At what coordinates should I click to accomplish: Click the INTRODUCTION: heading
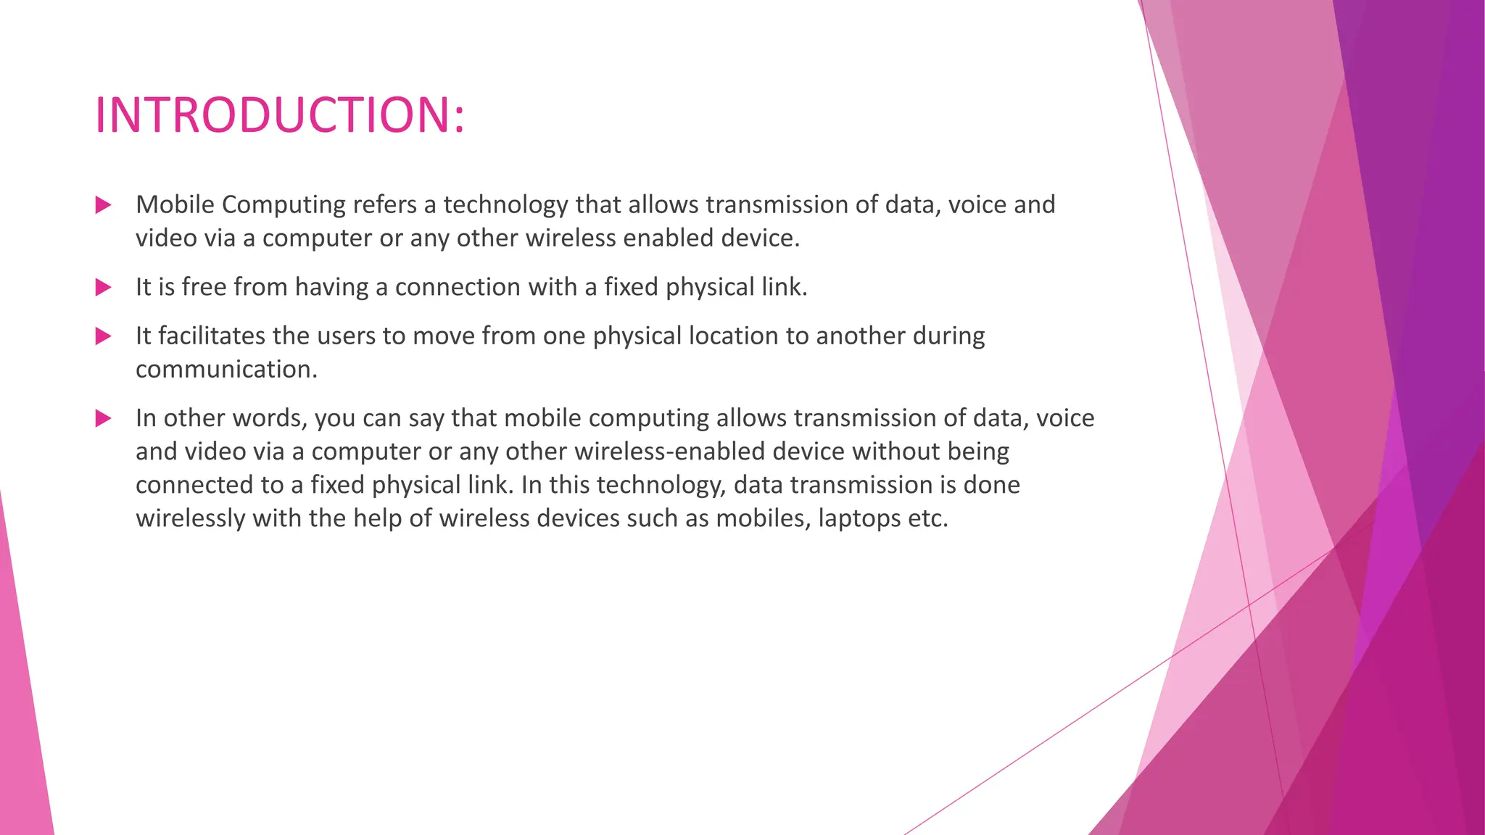click(x=279, y=115)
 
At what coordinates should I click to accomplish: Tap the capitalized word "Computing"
click(x=284, y=205)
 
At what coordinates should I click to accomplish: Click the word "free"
click(x=204, y=287)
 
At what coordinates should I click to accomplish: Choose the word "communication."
click(x=226, y=370)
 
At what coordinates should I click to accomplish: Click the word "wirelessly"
click(x=190, y=519)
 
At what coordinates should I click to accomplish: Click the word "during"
click(x=948, y=336)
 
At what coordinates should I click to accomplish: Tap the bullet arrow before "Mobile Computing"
click(x=103, y=205)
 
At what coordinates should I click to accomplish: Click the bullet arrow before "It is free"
click(x=103, y=288)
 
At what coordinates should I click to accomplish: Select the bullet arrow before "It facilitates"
click(x=103, y=336)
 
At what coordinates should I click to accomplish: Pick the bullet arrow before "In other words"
click(x=103, y=418)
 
